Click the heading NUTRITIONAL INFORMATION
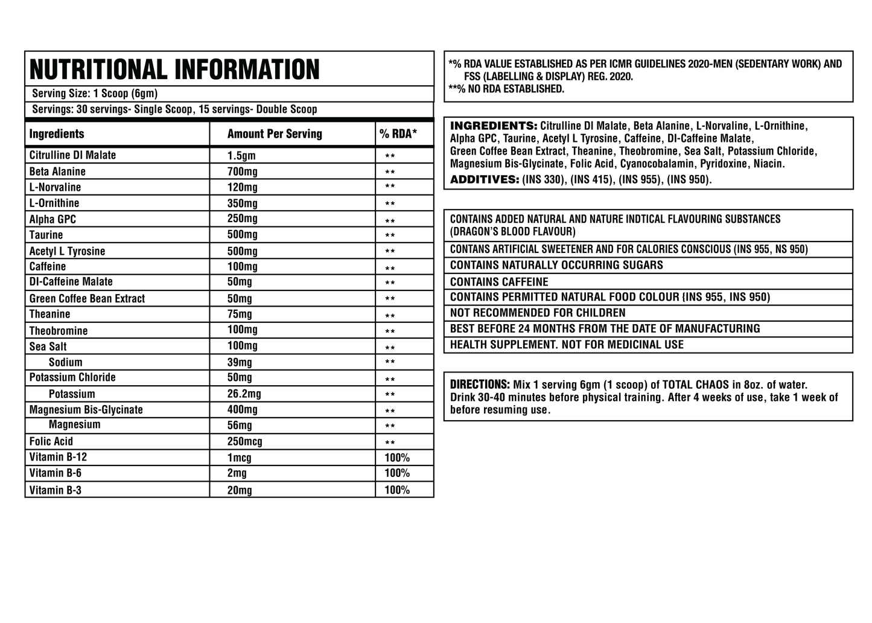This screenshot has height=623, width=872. point(174,70)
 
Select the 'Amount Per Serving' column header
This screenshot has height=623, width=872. point(275,134)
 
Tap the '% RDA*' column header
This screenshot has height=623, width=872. point(398,134)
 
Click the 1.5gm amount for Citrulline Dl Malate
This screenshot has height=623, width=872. point(241,156)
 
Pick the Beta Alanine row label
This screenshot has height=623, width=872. point(57,171)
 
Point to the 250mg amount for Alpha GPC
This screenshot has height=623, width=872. point(243,219)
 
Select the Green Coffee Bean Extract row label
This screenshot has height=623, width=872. point(87,298)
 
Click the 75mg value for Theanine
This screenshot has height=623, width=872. point(240,314)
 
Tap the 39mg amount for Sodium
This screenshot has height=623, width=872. point(240,362)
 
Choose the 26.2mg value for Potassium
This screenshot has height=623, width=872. point(244,394)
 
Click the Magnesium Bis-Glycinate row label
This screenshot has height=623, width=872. point(86,409)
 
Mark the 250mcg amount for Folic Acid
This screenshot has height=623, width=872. point(245,441)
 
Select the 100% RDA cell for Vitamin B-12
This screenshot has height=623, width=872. point(397,458)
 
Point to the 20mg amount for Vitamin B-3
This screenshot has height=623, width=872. point(240,490)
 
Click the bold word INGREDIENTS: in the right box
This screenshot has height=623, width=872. point(494,126)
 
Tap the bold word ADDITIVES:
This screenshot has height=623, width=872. point(485,179)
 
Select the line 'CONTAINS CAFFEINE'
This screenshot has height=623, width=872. point(499,282)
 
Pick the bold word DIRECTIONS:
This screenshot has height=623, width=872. point(480,385)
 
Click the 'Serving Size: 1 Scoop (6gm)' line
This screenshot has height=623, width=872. point(95,94)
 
